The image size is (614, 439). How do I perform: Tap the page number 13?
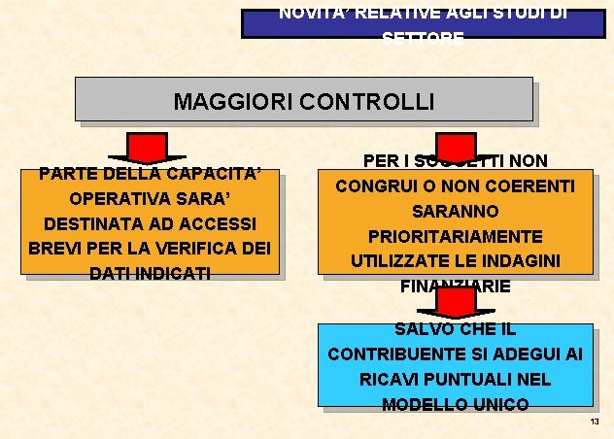click(x=595, y=422)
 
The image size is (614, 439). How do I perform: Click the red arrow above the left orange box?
click(x=148, y=150)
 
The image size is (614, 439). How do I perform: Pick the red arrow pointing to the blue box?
click(x=456, y=304)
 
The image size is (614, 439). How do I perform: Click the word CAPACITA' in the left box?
click(x=216, y=175)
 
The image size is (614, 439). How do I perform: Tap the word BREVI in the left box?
click(x=56, y=248)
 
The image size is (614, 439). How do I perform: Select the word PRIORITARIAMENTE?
click(x=456, y=236)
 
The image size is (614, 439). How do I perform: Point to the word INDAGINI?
click(x=540, y=261)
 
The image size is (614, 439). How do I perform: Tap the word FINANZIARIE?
click(x=456, y=287)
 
